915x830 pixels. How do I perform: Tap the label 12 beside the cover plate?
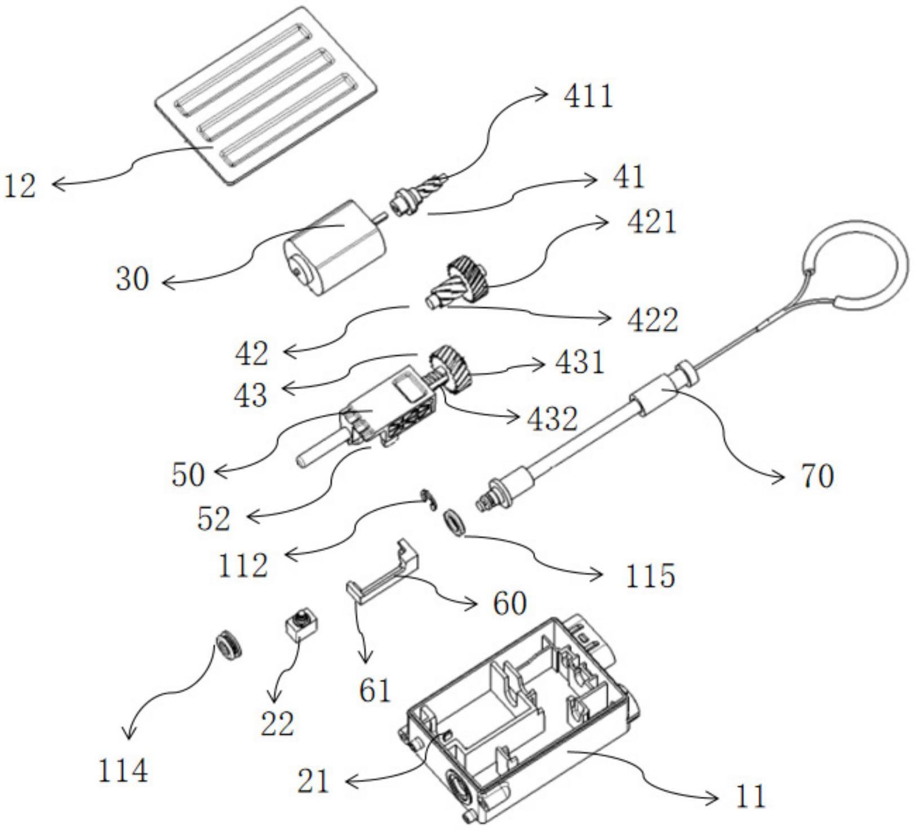(20, 186)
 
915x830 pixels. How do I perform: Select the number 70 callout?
(816, 478)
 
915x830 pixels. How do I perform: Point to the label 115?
(650, 575)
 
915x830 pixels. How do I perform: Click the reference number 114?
(123, 771)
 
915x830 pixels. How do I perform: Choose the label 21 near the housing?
(314, 781)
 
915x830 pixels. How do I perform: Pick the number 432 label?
(552, 418)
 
